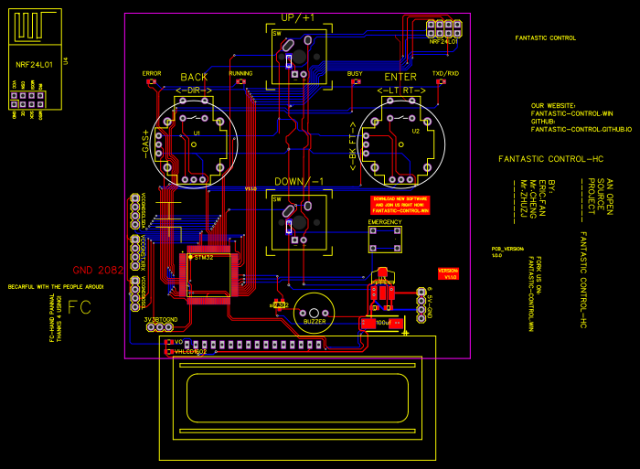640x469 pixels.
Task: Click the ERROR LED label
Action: pos(152,73)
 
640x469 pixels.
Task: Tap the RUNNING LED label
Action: pos(240,73)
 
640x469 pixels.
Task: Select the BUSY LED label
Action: pos(355,73)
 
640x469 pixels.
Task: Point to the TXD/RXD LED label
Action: pos(445,73)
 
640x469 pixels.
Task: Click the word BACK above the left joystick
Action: pos(194,78)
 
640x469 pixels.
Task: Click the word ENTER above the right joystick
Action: pos(400,78)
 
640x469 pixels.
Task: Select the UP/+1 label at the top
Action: pos(297,18)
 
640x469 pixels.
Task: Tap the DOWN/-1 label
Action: pos(297,181)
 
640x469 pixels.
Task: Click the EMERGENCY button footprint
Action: pos(385,240)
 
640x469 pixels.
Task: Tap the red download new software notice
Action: pos(400,205)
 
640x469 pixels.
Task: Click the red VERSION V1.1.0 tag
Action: pos(448,273)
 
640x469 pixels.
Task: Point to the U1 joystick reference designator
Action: pos(196,133)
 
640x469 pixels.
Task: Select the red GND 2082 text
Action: pos(97,271)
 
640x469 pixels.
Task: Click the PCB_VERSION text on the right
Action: pos(507,249)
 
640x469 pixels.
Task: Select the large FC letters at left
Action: pos(80,307)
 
